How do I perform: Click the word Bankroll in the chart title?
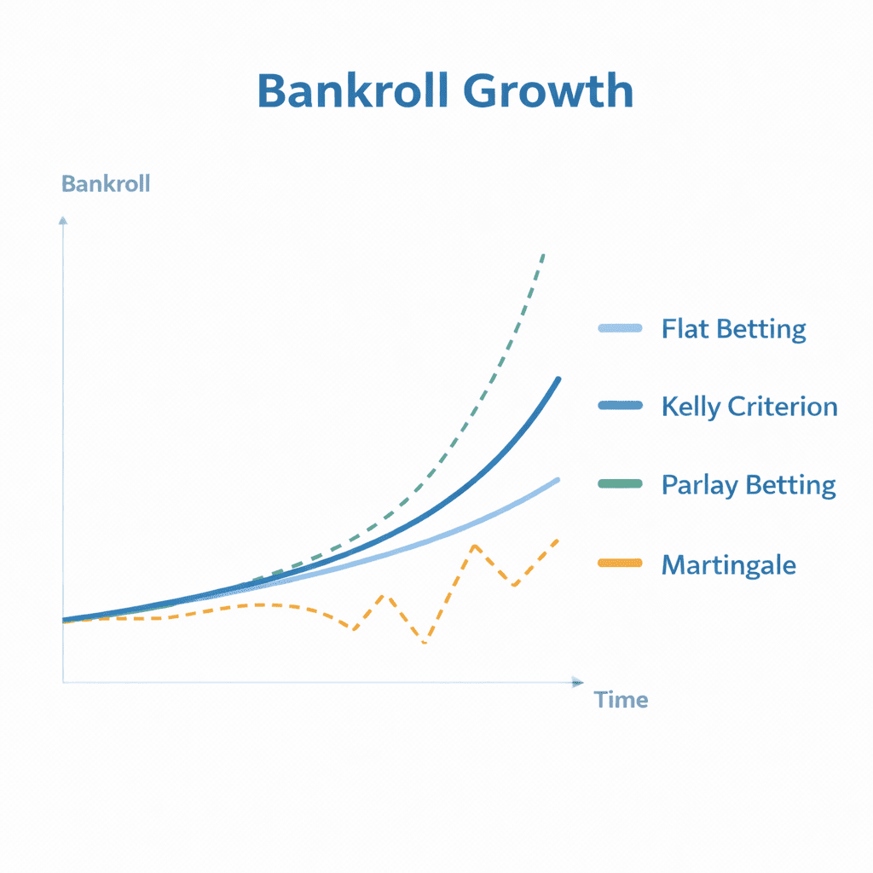point(352,90)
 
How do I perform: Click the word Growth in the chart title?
point(548,90)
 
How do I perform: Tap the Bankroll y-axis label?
point(106,184)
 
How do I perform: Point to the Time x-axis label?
point(621,700)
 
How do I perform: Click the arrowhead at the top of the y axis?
point(63,221)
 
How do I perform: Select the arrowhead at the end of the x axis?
point(578,682)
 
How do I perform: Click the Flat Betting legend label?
point(734,329)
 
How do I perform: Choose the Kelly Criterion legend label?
point(749,407)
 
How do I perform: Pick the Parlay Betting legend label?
point(749,485)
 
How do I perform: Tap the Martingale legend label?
point(729,565)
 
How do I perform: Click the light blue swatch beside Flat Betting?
point(621,328)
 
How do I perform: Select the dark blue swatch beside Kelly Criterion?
point(621,405)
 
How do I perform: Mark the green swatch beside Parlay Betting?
point(621,483)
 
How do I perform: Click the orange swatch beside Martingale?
point(621,563)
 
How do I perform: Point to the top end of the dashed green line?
point(543,255)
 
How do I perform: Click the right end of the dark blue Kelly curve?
point(558,379)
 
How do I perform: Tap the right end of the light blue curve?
point(558,480)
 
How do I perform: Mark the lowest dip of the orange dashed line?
point(425,643)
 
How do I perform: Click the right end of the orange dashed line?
point(558,540)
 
